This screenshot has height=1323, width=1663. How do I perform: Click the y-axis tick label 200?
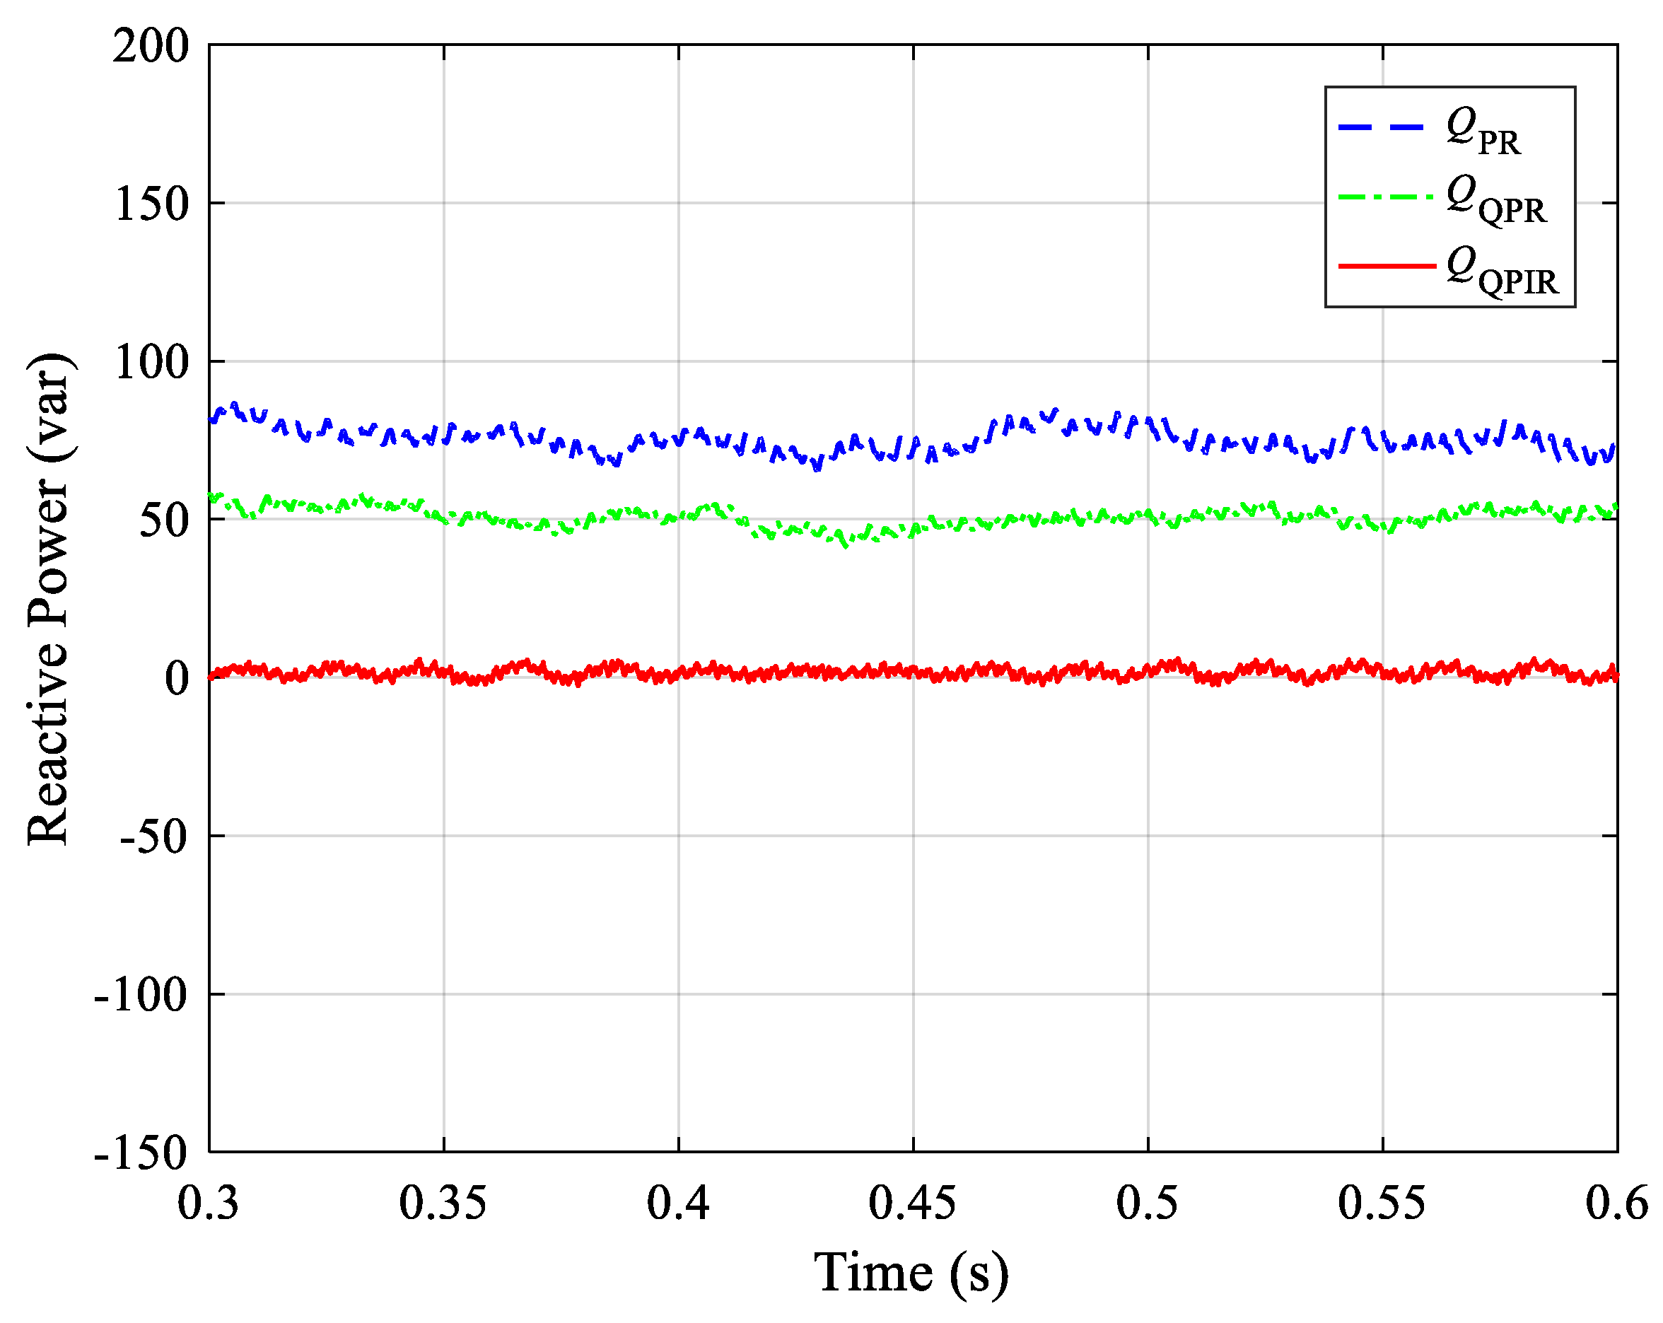(x=151, y=46)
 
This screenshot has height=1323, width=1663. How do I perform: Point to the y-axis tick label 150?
(x=151, y=205)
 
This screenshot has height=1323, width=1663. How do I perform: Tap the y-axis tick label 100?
(x=151, y=363)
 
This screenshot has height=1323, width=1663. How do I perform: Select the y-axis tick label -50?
(x=154, y=837)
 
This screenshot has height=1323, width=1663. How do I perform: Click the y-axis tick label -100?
(x=141, y=995)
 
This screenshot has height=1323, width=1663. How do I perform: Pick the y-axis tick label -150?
(x=141, y=1154)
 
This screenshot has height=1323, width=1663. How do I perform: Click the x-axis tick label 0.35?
(x=443, y=1203)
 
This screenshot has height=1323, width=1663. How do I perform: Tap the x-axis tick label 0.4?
(x=679, y=1203)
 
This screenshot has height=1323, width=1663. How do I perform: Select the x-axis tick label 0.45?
(x=914, y=1203)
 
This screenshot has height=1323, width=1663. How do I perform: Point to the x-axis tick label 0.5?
(x=1148, y=1203)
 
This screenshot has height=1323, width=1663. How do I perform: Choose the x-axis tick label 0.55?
(x=1382, y=1203)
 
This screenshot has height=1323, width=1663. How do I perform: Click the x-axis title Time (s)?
(x=911, y=1273)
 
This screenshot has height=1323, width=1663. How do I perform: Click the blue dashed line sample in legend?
(x=1382, y=127)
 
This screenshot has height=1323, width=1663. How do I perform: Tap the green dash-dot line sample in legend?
(x=1386, y=197)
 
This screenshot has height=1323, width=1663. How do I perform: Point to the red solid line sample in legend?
(x=1386, y=266)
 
